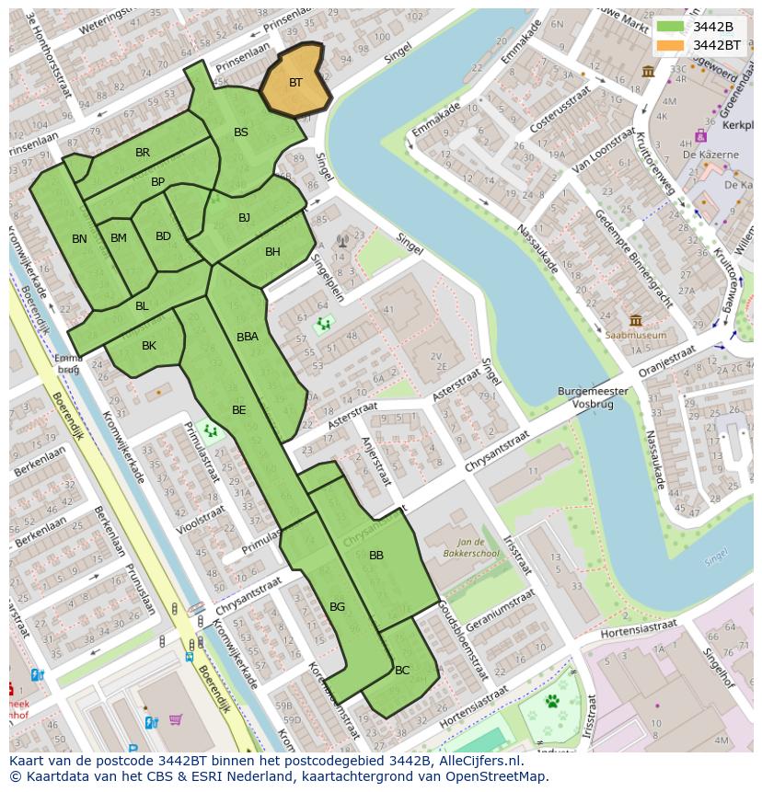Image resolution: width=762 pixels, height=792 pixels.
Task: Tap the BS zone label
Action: coord(241,132)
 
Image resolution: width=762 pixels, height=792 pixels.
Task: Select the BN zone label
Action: coord(79,239)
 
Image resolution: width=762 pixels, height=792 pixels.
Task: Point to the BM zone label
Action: coord(119,238)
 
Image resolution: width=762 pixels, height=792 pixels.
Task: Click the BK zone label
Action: coord(149,346)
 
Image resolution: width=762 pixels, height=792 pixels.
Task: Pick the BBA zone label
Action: coord(248,337)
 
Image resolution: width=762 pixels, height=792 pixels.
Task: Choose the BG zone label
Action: coord(337,607)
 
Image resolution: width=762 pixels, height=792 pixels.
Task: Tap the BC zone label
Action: coord(402,671)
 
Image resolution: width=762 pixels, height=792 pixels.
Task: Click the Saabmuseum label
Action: coord(635,336)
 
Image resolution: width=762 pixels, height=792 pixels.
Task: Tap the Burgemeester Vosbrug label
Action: coord(593,397)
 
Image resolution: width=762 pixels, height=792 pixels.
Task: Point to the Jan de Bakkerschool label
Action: coord(478,549)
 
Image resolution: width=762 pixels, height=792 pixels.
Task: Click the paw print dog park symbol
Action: coord(553,702)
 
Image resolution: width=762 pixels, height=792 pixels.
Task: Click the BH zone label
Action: coord(272,252)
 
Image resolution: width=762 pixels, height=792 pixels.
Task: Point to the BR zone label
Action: coord(143,153)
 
